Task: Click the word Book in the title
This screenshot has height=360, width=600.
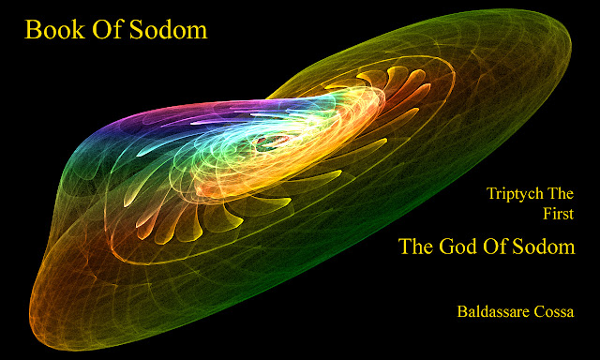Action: pyautogui.click(x=54, y=30)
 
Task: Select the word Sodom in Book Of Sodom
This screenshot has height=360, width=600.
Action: pyautogui.click(x=169, y=30)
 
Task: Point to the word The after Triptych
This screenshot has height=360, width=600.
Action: pyautogui.click(x=561, y=193)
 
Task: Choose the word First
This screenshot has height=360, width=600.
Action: pyautogui.click(x=559, y=214)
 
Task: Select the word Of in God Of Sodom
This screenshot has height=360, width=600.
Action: pyautogui.click(x=495, y=246)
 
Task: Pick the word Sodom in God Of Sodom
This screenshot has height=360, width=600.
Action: pyautogui.click(x=544, y=246)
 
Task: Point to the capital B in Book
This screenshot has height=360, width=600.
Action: pyautogui.click(x=31, y=30)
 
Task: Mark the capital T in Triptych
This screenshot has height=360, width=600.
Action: pyautogui.click(x=491, y=193)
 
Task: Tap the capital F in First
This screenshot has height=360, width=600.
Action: pyautogui.click(x=547, y=214)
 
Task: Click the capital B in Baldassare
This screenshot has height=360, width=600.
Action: pyautogui.click(x=461, y=311)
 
